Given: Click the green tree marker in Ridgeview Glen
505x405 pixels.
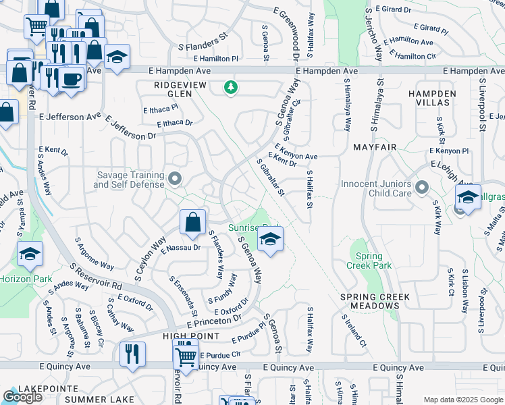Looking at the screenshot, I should [x=231, y=88].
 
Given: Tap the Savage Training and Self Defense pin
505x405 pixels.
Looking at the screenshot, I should [x=175, y=179].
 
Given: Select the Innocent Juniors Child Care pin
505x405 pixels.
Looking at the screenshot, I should [x=422, y=187].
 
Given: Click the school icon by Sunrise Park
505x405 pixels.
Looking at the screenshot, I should [x=270, y=240].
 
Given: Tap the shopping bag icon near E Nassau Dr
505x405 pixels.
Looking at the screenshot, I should [x=192, y=222].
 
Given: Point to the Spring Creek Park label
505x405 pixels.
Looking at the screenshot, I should [x=369, y=261].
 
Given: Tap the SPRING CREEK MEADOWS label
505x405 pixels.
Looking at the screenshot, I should [x=379, y=301].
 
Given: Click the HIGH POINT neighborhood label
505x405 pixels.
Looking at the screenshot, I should [x=191, y=335].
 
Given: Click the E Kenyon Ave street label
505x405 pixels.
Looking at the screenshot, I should [x=296, y=157].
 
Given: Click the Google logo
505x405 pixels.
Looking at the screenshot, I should [x=22, y=397].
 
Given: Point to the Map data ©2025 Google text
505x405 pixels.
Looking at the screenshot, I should [x=462, y=400].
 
